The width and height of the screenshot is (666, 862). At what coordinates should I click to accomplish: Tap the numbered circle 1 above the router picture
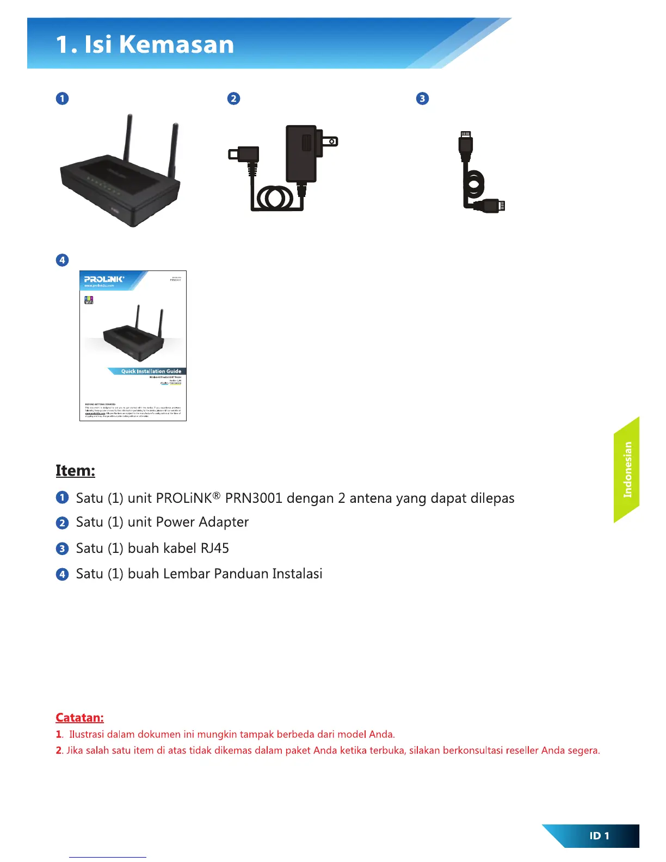click(x=63, y=98)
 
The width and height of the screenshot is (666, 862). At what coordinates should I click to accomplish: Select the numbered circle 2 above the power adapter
click(x=233, y=98)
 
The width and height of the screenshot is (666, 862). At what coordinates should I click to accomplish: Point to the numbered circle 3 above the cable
click(x=422, y=98)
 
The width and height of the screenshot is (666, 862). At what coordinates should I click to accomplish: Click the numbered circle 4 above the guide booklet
click(x=63, y=260)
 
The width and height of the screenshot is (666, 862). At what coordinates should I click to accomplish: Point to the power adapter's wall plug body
click(x=301, y=153)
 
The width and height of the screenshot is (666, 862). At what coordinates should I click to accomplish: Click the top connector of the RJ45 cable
click(x=465, y=146)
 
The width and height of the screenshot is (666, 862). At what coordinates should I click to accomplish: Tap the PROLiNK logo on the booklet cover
click(x=104, y=279)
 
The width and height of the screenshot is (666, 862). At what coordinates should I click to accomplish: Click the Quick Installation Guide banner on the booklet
click(x=151, y=371)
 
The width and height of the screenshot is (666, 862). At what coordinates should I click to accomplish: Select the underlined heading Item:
click(x=75, y=471)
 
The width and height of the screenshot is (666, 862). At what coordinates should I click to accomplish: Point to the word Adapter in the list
click(x=224, y=522)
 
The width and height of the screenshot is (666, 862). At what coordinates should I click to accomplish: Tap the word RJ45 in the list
click(x=215, y=548)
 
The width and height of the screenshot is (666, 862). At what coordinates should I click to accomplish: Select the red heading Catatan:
click(x=79, y=718)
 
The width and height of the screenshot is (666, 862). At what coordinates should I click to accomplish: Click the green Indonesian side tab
click(x=627, y=470)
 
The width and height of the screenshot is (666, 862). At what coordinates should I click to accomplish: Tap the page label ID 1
click(x=599, y=836)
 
